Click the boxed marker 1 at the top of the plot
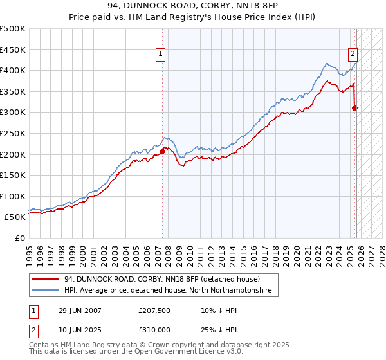[x=160, y=54]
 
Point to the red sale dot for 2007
[x=162, y=151]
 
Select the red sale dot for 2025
[x=355, y=108]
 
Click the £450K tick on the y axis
[x=13, y=50]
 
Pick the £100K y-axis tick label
[x=13, y=196]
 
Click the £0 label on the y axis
[x=20, y=239]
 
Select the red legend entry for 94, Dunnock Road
[x=161, y=280]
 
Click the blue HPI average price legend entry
[x=168, y=291]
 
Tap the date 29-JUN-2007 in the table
[x=80, y=310]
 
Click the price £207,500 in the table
[x=155, y=310]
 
